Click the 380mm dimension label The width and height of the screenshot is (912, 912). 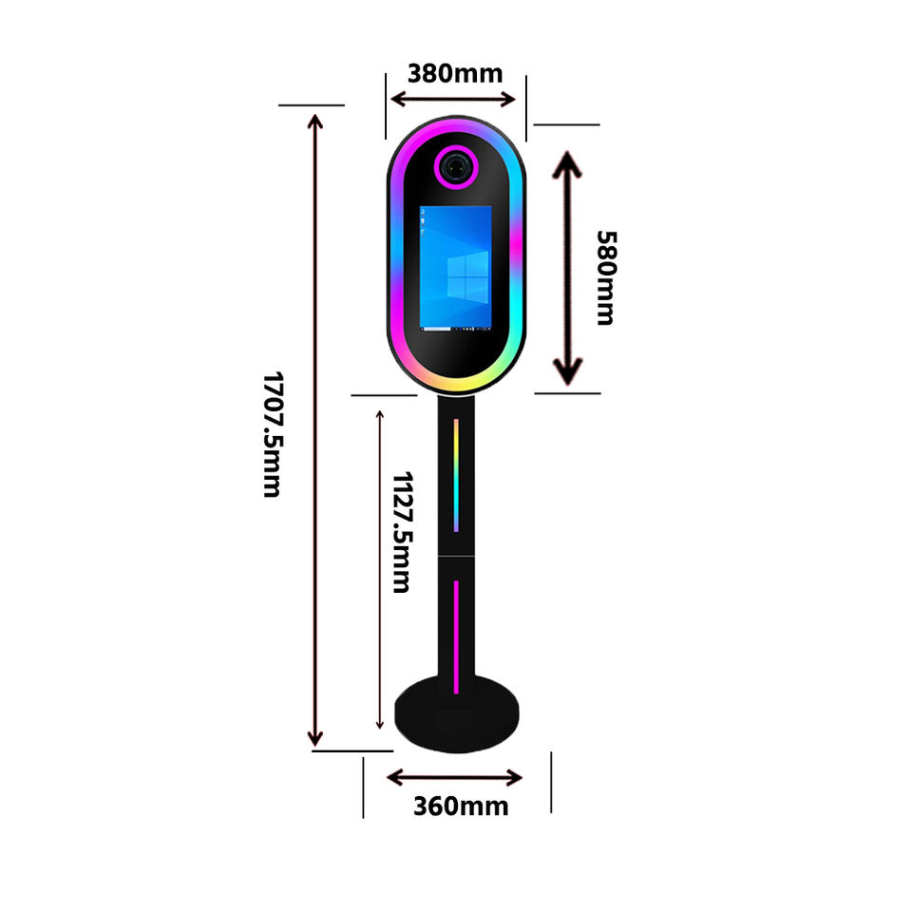[x=454, y=72]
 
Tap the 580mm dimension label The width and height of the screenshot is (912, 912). [x=606, y=276]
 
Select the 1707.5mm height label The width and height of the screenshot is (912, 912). [x=272, y=433]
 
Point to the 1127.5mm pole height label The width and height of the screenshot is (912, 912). [x=402, y=531]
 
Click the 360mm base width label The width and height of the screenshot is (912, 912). [x=460, y=807]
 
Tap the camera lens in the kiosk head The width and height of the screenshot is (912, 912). [x=456, y=165]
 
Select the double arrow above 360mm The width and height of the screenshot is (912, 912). [x=454, y=777]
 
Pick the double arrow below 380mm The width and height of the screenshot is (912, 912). [x=454, y=99]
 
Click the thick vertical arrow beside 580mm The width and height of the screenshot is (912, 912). [x=567, y=268]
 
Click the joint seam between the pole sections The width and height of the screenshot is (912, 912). [x=456, y=556]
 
